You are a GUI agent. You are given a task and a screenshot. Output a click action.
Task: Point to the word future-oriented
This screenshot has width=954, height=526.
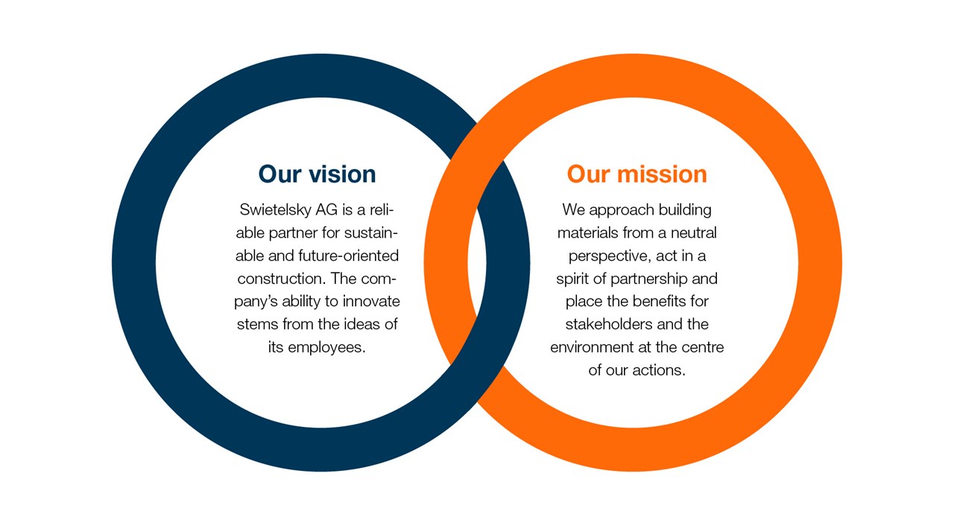point(348,256)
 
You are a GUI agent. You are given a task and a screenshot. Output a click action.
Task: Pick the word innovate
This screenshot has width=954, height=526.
point(371,301)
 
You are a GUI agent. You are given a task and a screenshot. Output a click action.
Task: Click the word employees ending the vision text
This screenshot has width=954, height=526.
point(327,348)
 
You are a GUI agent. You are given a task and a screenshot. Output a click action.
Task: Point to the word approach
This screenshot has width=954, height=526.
point(622,211)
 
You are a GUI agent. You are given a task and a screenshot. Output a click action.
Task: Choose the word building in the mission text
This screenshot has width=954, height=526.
point(685,210)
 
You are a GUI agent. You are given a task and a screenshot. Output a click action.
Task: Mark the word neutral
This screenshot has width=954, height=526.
point(694,232)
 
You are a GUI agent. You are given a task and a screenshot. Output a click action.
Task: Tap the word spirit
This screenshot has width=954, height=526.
point(573,279)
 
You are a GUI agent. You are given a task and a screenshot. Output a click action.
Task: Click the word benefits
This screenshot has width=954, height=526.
point(660,301)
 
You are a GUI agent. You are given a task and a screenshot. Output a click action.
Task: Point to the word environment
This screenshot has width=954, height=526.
point(592,348)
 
